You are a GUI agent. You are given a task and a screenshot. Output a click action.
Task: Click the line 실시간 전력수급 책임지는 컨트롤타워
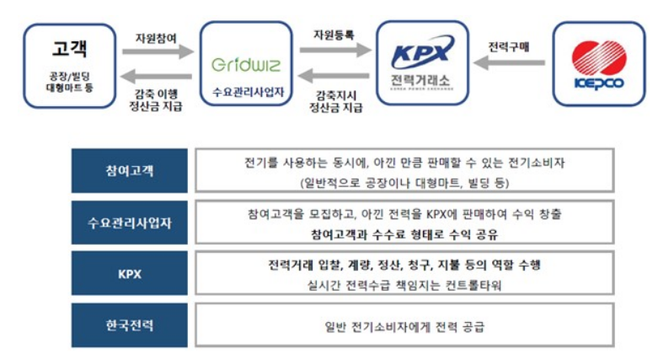(405, 284)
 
